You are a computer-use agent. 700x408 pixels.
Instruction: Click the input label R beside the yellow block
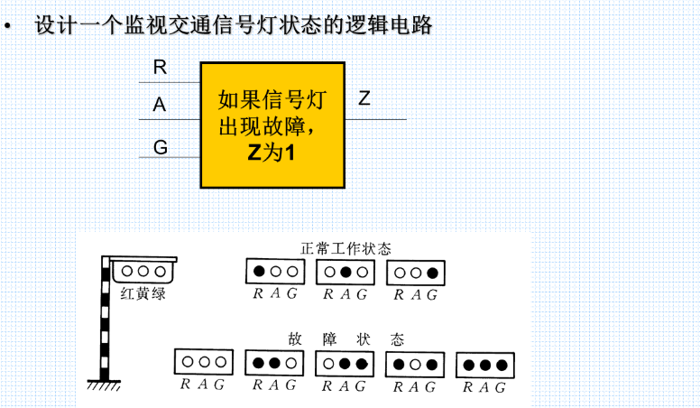tap(161, 67)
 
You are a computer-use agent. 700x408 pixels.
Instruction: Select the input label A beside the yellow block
tap(161, 105)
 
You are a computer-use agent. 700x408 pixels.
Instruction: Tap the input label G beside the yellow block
tap(161, 145)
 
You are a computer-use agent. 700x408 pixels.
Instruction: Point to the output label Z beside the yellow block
tap(364, 98)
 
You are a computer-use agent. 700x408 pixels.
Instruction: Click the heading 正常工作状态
tap(346, 247)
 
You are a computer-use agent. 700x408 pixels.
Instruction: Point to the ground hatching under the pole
tap(106, 386)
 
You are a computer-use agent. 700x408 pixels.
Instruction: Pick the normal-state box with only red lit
tap(272, 271)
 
